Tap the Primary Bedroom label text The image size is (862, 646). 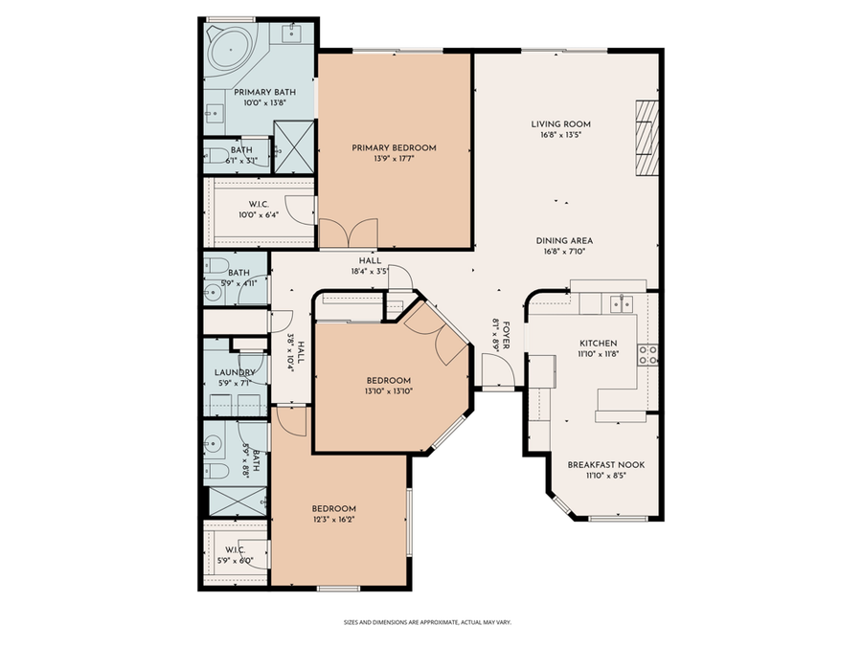394,147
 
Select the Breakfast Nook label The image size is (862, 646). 605,464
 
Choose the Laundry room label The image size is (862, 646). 235,372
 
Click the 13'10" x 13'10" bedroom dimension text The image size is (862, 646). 388,390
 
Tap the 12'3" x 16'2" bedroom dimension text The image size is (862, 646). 334,520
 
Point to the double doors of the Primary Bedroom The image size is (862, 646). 348,232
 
